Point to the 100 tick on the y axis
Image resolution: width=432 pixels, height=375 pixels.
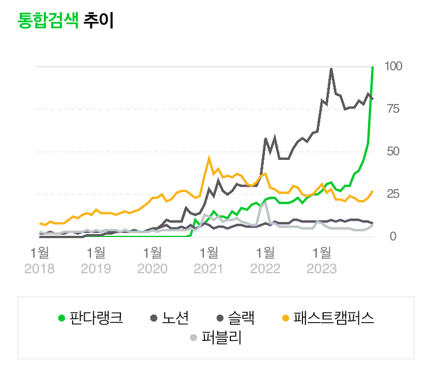pyautogui.click(x=394, y=66)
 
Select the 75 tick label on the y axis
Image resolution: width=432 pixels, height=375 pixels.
pyautogui.click(x=394, y=109)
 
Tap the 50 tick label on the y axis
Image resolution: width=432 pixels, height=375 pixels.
pyautogui.click(x=394, y=151)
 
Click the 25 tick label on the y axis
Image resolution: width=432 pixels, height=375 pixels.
pyautogui.click(x=394, y=194)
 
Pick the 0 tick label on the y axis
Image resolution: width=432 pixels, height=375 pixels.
pyautogui.click(x=393, y=236)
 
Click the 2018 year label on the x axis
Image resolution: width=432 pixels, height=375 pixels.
pyautogui.click(x=39, y=269)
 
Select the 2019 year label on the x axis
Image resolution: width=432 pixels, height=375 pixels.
pyautogui.click(x=96, y=269)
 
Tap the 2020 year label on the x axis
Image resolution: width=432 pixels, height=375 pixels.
pyautogui.click(x=152, y=269)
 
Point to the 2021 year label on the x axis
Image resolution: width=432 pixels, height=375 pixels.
pyautogui.click(x=209, y=269)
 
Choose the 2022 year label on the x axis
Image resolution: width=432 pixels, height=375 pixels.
pyautogui.click(x=265, y=269)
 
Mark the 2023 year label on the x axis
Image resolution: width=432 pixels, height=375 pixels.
pyautogui.click(x=321, y=269)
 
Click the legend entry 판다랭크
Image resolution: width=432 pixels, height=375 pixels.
pyautogui.click(x=96, y=317)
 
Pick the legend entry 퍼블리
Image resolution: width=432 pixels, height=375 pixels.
pyautogui.click(x=221, y=338)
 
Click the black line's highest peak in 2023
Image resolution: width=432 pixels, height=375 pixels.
pyautogui.click(x=331, y=68)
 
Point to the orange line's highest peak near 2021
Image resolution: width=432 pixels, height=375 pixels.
pyautogui.click(x=209, y=157)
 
